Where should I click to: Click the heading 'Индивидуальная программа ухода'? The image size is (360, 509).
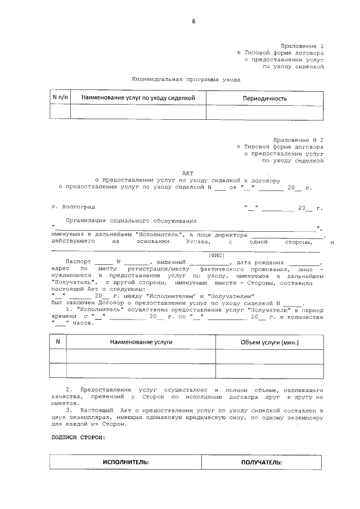click(x=186, y=79)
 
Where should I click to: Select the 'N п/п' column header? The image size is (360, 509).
click(x=60, y=97)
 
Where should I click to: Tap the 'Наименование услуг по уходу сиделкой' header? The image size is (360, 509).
click(x=138, y=98)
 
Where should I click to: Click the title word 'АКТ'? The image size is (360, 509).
click(x=187, y=173)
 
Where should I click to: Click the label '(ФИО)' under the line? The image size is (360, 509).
click(x=217, y=255)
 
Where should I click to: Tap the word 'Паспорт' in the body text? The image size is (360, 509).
click(x=76, y=263)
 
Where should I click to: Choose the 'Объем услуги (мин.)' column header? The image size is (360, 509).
click(x=269, y=342)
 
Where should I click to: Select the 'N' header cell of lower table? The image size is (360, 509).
click(x=58, y=342)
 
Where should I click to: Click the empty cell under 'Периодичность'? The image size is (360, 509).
click(x=264, y=112)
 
